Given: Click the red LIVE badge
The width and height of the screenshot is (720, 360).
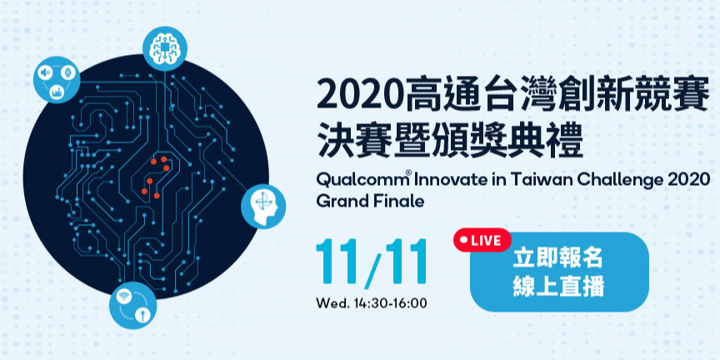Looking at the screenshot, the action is (x=482, y=240).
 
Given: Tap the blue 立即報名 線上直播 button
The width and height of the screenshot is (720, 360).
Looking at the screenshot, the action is (x=559, y=272).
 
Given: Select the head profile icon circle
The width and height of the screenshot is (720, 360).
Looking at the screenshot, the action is (x=263, y=206).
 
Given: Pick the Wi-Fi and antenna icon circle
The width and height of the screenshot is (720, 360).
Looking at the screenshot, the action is (x=133, y=305).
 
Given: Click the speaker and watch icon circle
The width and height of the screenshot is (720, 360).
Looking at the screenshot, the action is (x=57, y=80).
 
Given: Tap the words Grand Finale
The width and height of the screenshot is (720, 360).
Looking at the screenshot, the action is (x=370, y=201).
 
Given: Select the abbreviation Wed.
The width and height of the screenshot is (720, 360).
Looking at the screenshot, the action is (x=332, y=303).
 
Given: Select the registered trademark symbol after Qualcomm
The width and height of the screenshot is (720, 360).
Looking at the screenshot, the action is (x=408, y=174).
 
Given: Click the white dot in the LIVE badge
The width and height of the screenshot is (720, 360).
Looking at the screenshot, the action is (x=462, y=240).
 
